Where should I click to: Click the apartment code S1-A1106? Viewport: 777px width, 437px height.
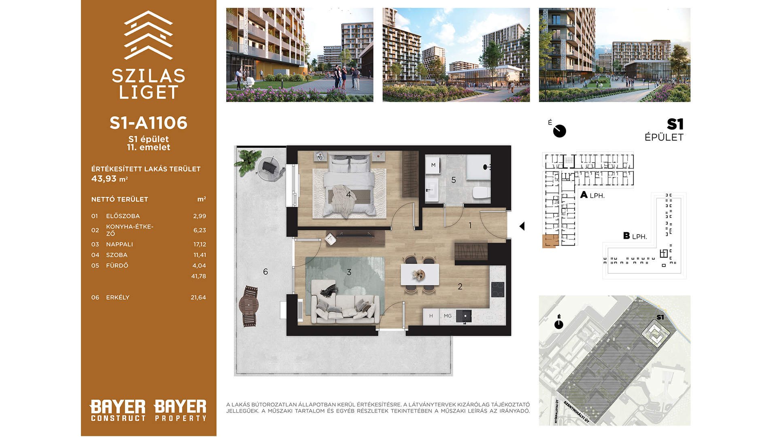coord(149,123)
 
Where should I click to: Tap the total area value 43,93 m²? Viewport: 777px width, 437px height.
coord(109,179)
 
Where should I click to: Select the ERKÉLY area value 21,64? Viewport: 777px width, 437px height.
coord(198,297)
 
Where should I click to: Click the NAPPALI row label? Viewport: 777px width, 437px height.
coord(119,244)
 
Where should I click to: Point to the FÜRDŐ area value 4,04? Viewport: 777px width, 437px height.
coord(199,266)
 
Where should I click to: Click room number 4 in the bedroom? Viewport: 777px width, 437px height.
coord(348,195)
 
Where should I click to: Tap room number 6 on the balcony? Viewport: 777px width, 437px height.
coord(265,272)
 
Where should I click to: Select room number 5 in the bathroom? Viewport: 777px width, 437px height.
coord(454,180)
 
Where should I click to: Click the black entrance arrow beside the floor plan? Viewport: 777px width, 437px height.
coord(522,226)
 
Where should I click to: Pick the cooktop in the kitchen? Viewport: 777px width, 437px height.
coord(498,290)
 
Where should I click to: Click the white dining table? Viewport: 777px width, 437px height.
coord(420,274)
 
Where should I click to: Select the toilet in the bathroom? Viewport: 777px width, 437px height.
coord(481,193)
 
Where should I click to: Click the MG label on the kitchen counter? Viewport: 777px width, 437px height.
coord(448,316)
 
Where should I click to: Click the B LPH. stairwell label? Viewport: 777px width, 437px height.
coord(635,236)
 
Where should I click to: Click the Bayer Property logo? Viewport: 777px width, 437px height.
coord(180,410)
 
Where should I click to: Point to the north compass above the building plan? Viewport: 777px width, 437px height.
coord(559,131)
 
